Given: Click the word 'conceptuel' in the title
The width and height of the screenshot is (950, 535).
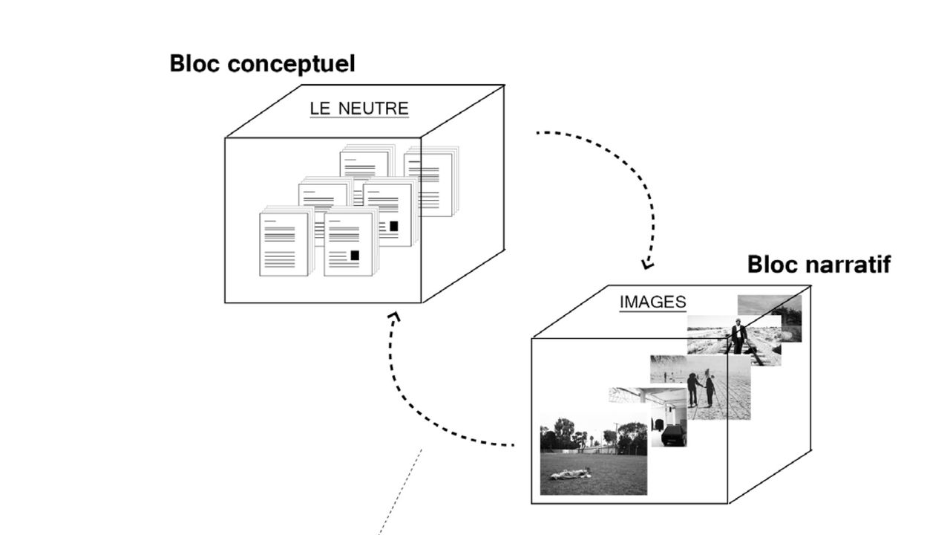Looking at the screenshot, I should tap(291, 65).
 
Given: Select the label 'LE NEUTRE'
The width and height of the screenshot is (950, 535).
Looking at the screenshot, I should tap(358, 108).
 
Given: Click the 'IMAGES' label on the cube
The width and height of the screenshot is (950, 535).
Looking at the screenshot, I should tap(652, 302).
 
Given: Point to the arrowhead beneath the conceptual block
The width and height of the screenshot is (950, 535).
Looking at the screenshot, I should tap(393, 317).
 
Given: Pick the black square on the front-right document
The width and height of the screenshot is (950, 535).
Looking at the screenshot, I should tap(355, 255).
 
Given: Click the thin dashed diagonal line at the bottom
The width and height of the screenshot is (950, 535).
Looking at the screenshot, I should tap(401, 490).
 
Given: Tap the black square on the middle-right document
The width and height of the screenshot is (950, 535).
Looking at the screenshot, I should tap(393, 225).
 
